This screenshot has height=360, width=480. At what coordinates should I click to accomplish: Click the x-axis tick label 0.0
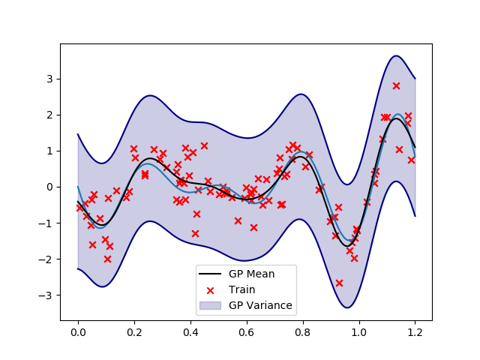[77, 331]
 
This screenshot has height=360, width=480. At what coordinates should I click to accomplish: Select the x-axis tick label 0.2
[133, 331]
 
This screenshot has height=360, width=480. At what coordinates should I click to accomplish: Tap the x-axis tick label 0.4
[190, 331]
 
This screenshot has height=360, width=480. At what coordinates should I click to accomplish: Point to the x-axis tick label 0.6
[246, 331]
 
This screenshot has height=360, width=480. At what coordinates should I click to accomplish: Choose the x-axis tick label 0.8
[302, 331]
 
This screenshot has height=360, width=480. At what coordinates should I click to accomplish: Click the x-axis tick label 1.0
[358, 331]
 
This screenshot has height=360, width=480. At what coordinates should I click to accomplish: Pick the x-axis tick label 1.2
[415, 331]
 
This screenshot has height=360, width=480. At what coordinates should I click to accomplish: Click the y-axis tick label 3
[49, 79]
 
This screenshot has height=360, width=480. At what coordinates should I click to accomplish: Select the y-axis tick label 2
[49, 115]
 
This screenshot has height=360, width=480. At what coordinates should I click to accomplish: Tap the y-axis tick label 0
[49, 187]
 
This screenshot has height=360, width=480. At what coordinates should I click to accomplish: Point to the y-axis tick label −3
[46, 295]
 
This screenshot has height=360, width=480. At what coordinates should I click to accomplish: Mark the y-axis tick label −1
[46, 223]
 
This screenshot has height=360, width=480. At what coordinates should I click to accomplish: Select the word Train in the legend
[242, 289]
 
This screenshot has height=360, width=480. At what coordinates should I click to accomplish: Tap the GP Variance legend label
[261, 306]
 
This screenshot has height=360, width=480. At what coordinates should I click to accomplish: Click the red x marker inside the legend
[211, 289]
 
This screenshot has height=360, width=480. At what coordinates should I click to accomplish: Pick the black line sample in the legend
[211, 274]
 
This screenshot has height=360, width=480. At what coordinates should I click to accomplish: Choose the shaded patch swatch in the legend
[211, 306]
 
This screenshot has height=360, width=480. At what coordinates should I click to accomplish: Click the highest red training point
[396, 85]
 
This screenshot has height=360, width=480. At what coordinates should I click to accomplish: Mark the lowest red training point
[339, 283]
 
